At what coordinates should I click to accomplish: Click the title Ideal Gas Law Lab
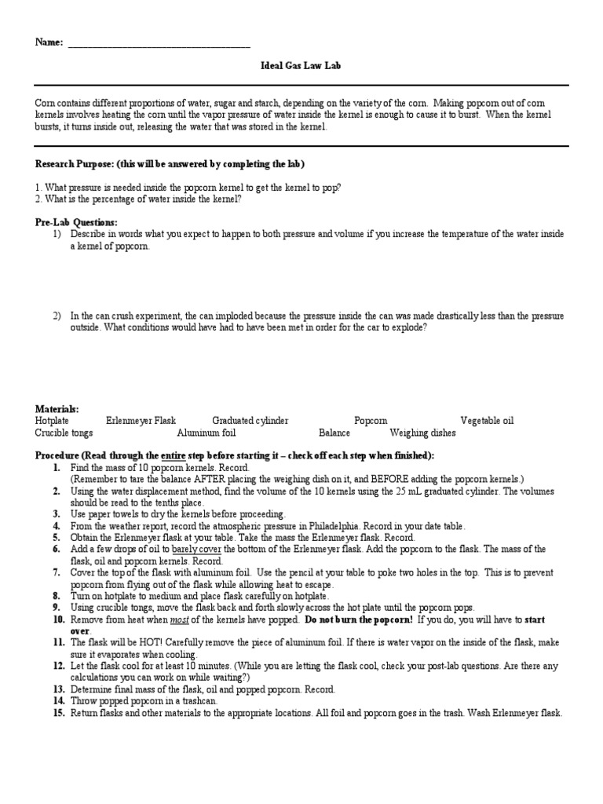pos(301,67)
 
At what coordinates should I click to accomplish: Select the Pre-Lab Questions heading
pos(76,223)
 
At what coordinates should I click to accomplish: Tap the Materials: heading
pos(57,409)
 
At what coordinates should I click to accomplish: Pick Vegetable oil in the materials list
pos(487,421)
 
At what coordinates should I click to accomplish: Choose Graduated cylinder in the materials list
pos(250,421)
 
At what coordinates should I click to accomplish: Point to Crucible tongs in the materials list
pos(64,433)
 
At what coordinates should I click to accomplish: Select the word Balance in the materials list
pos(334,433)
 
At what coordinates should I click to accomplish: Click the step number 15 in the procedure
pos(57,713)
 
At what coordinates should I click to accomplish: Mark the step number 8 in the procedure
pos(57,596)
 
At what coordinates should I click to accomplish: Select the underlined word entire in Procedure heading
pos(174,455)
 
